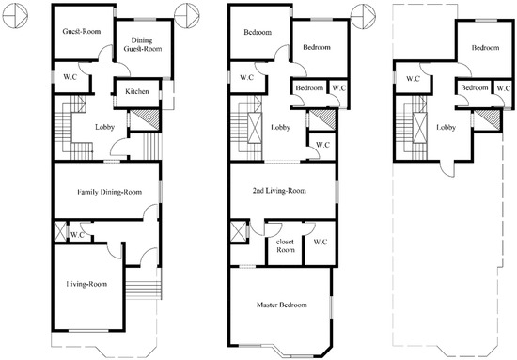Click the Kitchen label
coord(137,92)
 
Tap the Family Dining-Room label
coord(109,192)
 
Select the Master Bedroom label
coord(282,305)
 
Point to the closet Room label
coord(286,246)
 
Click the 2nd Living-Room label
coord(279,191)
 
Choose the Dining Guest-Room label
coord(143,45)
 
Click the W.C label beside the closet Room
coord(321,242)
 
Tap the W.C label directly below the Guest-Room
coord(70,77)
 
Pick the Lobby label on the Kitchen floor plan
coord(105,127)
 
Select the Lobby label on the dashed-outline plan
coord(446,127)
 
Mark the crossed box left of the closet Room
coord(239,232)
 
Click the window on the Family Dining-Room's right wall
coord(160,192)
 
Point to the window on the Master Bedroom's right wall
coord(332,307)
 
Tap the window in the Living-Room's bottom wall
coord(88,330)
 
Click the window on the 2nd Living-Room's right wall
coord(337,192)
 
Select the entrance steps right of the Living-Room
coord(143,290)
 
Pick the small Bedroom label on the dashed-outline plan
coord(475,88)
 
